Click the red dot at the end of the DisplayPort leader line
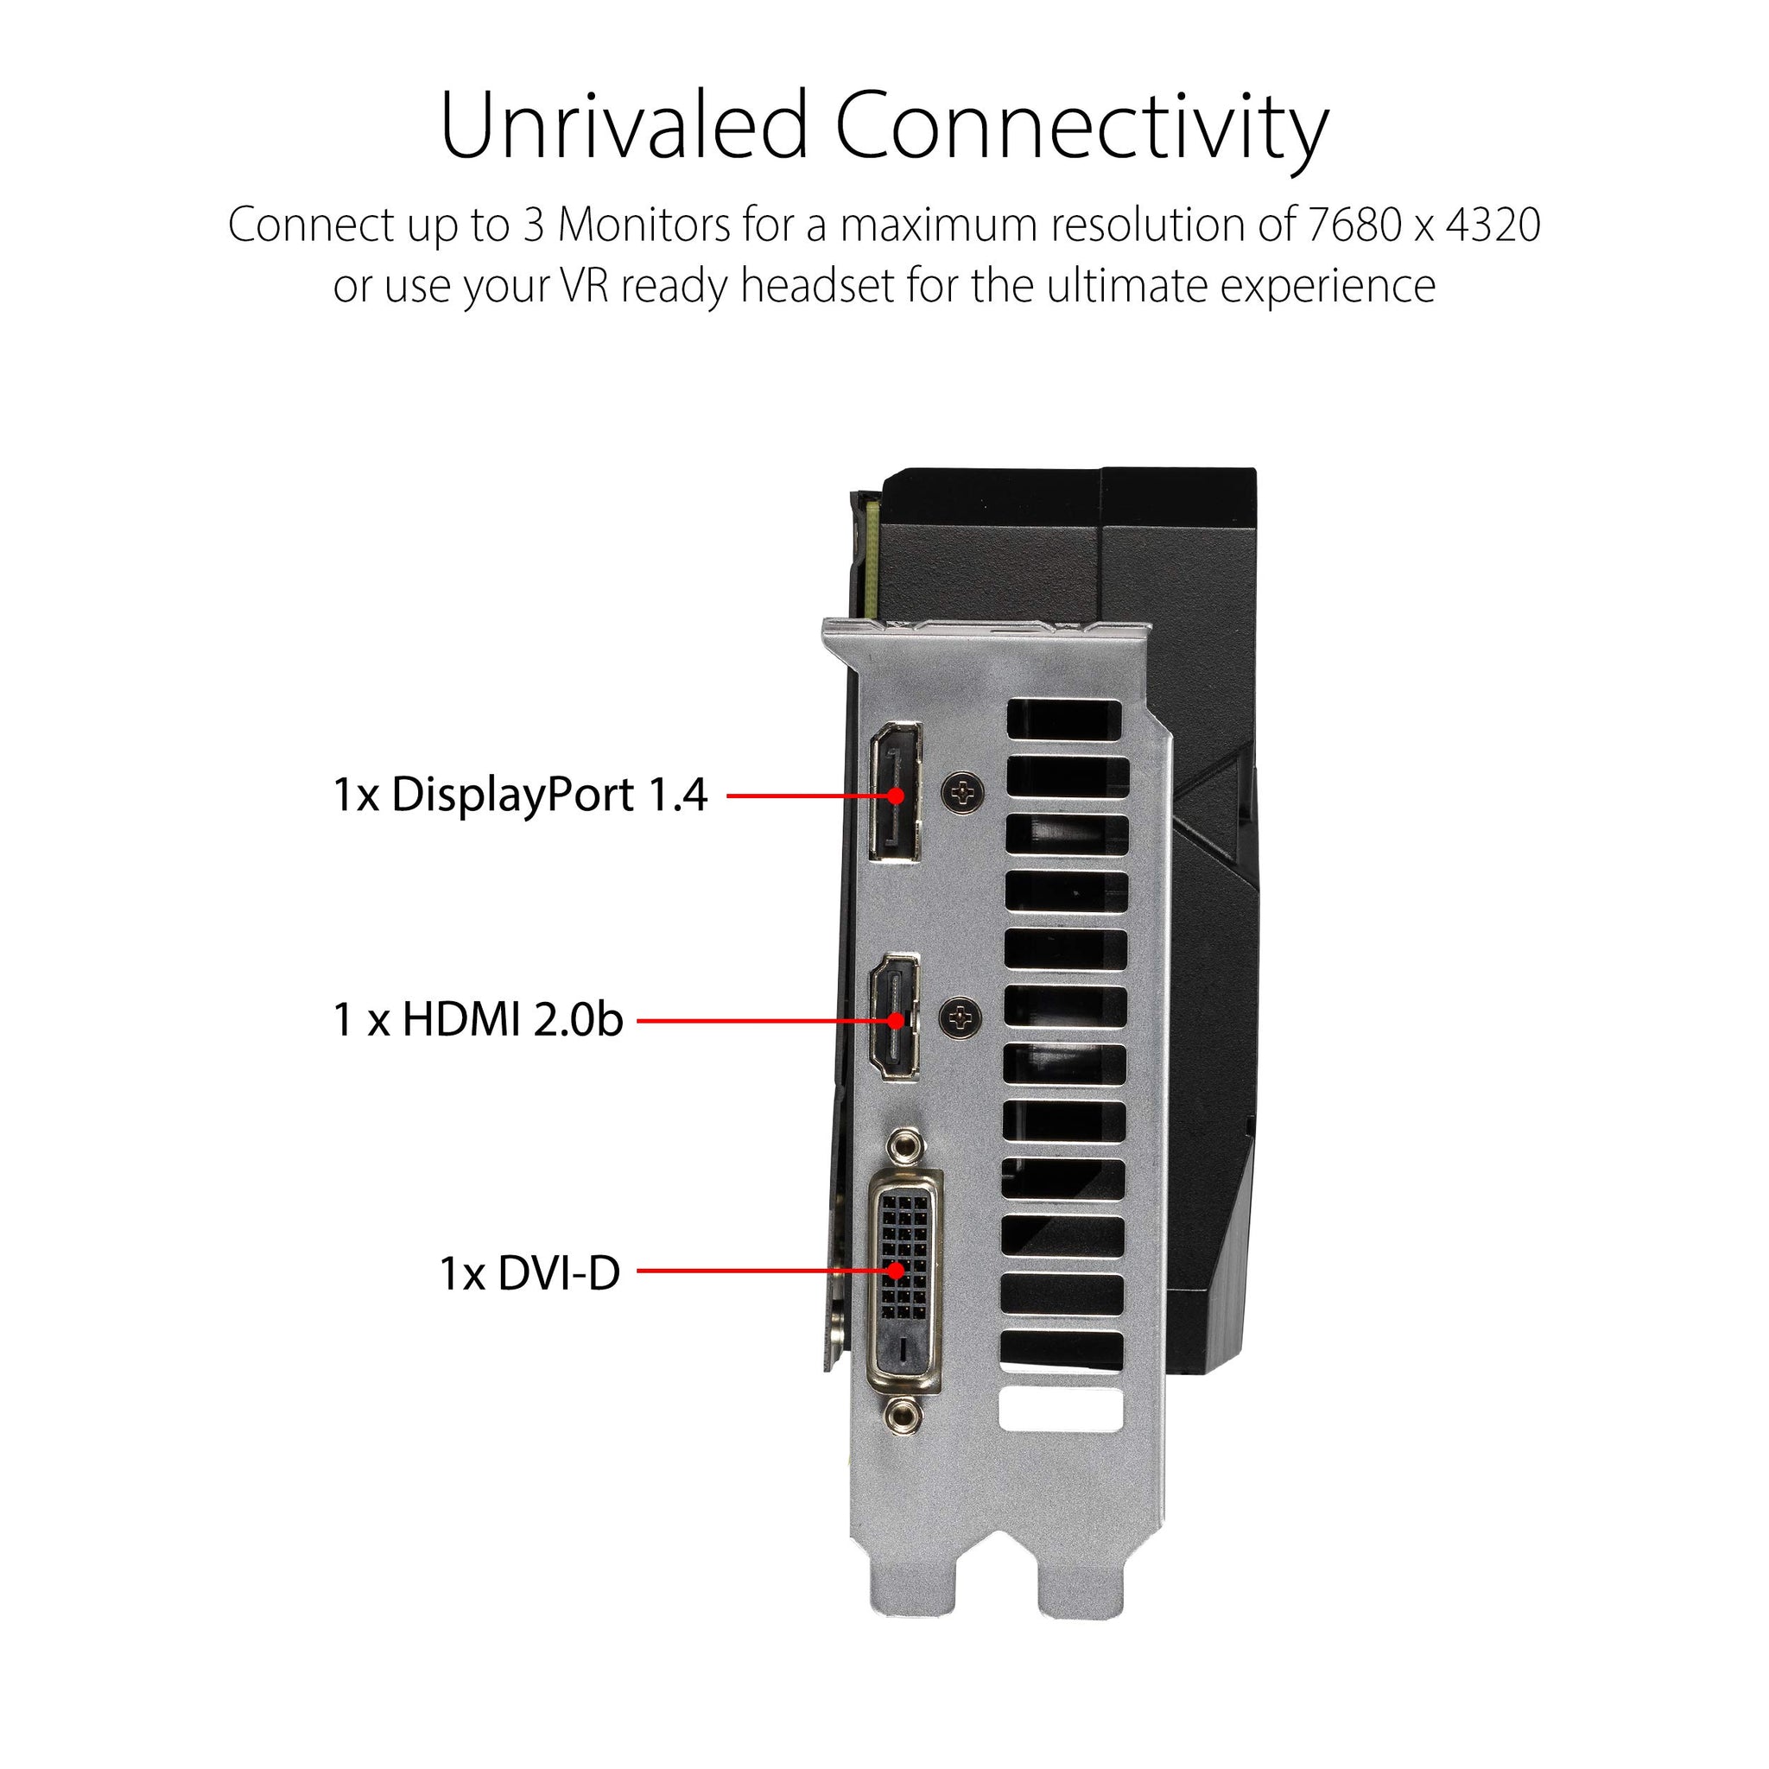click(897, 795)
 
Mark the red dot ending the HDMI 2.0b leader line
click(897, 1019)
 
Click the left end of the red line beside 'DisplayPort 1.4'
click(728, 795)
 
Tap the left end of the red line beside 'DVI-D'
click(638, 1270)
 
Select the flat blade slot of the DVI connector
click(904, 1347)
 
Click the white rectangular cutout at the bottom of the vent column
click(1062, 1410)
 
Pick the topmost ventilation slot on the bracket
click(1065, 720)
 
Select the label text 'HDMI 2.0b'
click(513, 1019)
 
